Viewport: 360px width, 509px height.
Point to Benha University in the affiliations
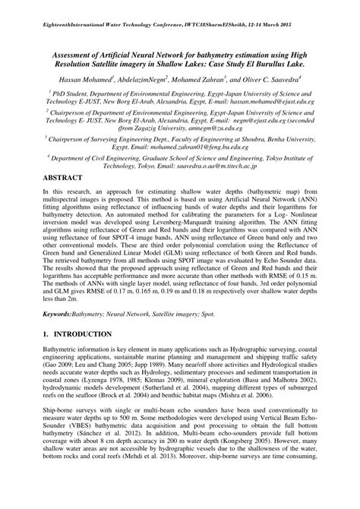point(285,163)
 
